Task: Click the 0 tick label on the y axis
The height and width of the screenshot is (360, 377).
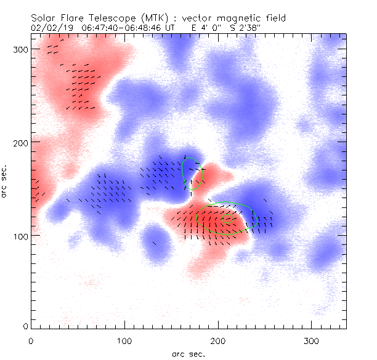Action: tap(25, 326)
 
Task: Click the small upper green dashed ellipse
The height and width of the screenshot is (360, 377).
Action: tap(192, 173)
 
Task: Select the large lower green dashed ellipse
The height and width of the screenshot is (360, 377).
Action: tap(223, 218)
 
